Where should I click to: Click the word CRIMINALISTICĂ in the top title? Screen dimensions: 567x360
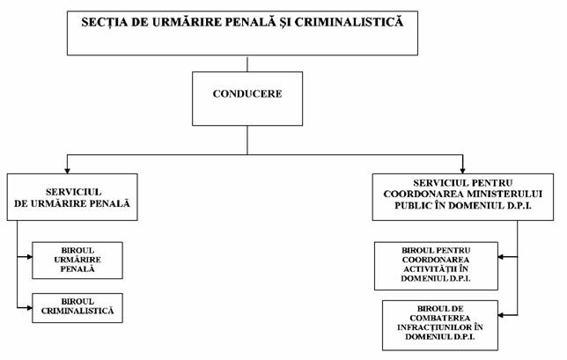pos(349,22)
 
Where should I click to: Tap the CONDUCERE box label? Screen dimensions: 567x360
pos(247,94)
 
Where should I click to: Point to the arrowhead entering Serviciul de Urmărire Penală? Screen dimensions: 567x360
pos(67,170)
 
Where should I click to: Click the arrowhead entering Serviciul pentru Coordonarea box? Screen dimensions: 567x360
pos(462,170)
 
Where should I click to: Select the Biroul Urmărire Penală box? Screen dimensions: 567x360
pos(77,261)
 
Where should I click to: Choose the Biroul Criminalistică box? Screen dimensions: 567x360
pos(77,308)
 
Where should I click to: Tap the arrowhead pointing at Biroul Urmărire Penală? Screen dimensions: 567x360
pos(29,257)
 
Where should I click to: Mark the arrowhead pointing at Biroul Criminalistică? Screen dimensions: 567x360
pos(29,308)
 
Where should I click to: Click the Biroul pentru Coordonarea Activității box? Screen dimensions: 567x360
pos(436,266)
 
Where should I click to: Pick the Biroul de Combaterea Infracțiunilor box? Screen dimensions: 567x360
pos(440,326)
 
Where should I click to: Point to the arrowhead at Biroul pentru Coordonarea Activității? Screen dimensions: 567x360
pos(501,257)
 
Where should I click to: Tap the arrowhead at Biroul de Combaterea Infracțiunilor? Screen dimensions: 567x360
pos(501,315)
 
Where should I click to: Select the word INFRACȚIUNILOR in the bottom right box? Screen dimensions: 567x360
pos(435,327)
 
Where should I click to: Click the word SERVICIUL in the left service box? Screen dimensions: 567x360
pos(73,192)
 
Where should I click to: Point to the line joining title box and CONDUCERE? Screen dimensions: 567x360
pos(247,63)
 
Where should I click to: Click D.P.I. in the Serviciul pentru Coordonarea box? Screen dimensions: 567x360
pos(519,206)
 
